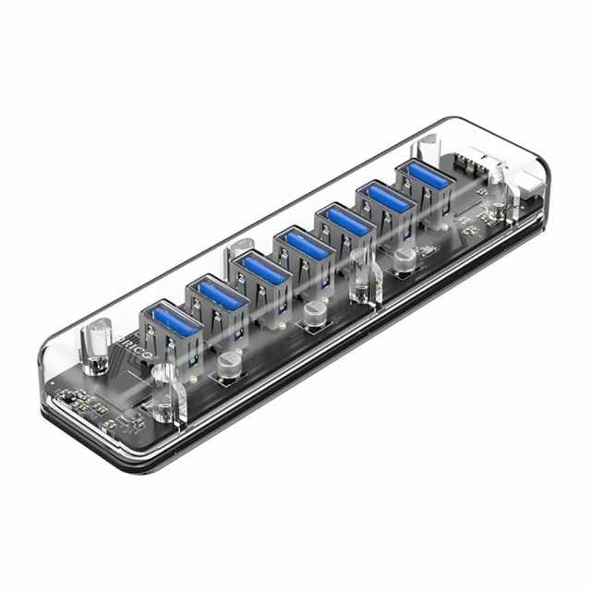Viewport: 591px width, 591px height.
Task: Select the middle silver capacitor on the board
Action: pos(315,313)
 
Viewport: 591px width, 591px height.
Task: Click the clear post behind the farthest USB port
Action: pos(428,148)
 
